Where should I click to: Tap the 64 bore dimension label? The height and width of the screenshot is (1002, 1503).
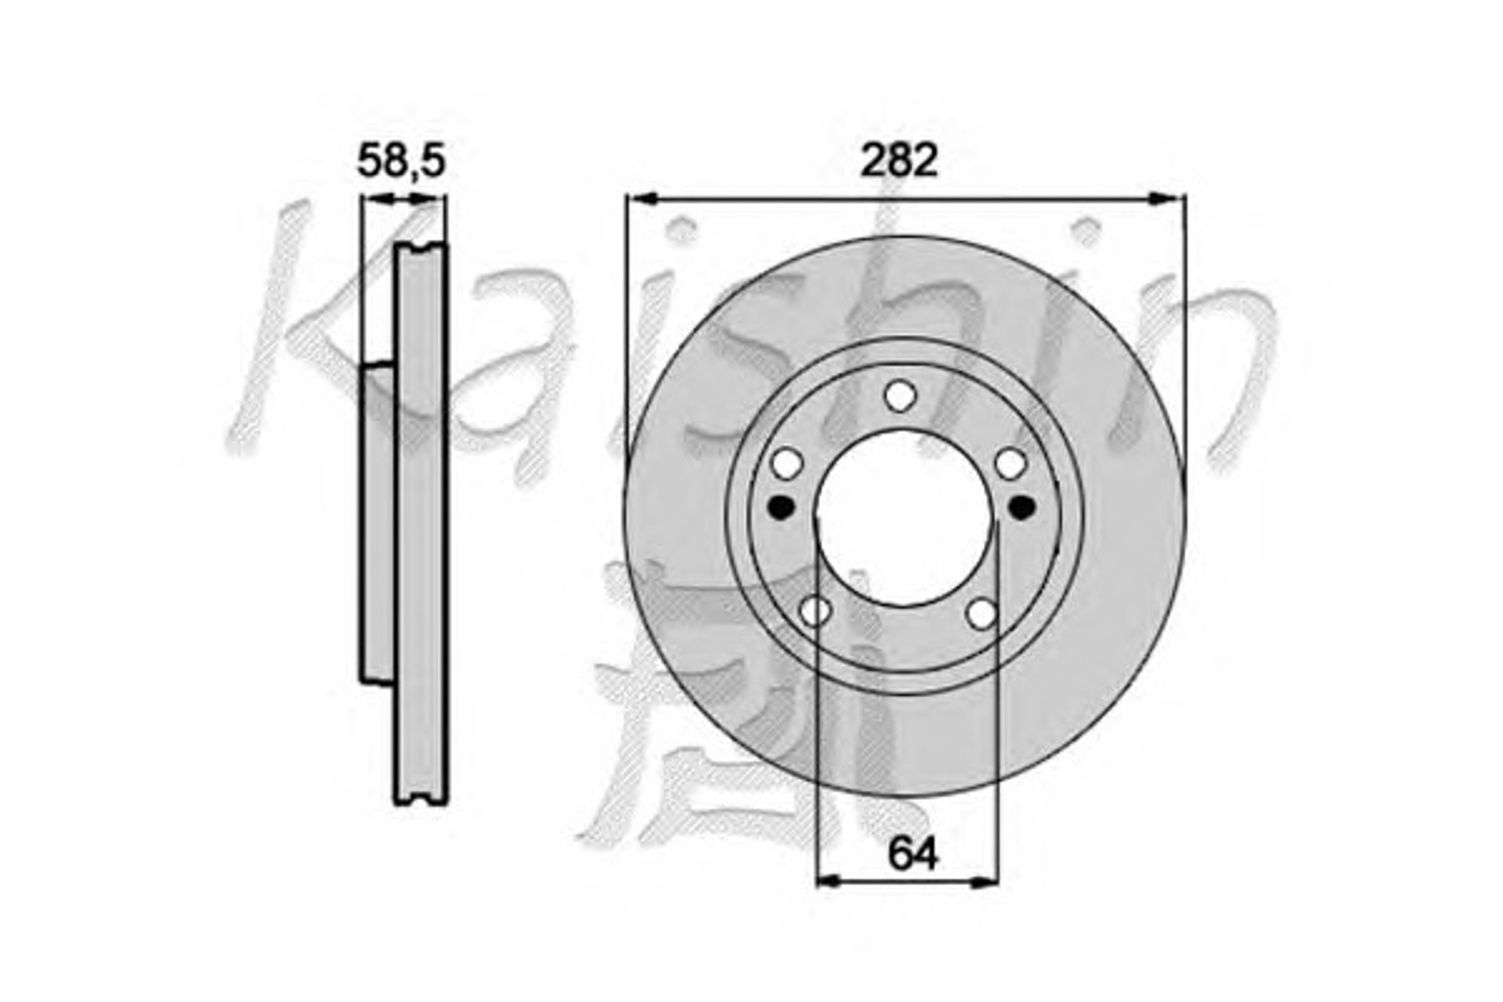[912, 853]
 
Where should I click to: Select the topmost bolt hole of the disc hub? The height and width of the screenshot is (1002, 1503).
[901, 396]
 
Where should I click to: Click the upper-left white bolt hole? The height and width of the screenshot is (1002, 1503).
[787, 464]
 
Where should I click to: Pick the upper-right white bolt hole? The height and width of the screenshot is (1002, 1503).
[1011, 464]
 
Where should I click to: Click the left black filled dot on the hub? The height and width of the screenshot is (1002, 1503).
[780, 507]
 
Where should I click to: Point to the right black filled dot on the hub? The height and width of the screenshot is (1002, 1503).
[1022, 507]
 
